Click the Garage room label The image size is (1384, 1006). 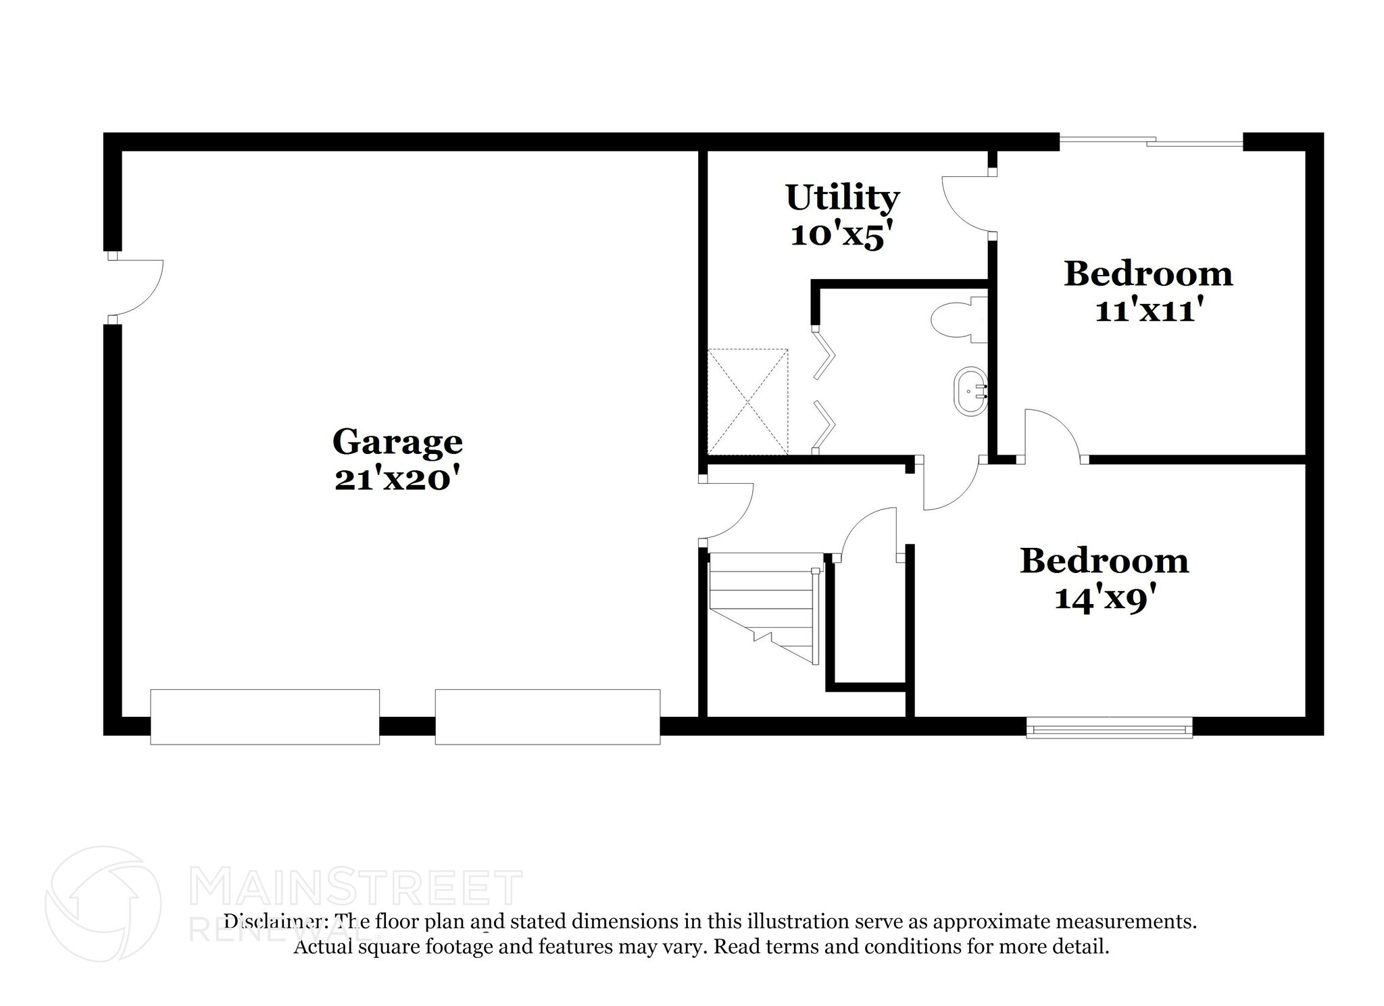click(x=397, y=443)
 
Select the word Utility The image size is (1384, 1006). click(x=842, y=198)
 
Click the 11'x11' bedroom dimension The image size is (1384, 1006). click(x=1148, y=311)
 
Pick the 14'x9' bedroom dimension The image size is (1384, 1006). click(x=1104, y=599)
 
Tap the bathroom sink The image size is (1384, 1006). click(x=970, y=391)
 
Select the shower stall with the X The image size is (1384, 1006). click(x=747, y=401)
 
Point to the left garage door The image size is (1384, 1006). click(x=264, y=717)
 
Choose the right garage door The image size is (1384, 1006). click(x=547, y=717)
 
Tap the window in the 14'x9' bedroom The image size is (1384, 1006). click(x=1109, y=728)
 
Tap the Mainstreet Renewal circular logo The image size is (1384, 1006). click(x=103, y=903)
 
